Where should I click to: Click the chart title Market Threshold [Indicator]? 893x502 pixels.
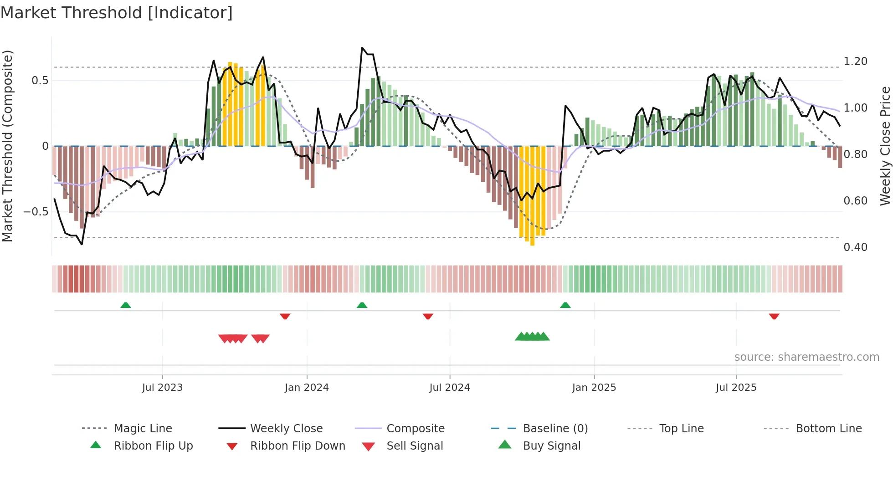tap(117, 13)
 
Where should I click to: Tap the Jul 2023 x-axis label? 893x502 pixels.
tap(162, 388)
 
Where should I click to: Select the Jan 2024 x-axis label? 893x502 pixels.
tap(307, 388)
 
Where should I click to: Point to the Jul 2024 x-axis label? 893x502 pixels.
tap(450, 388)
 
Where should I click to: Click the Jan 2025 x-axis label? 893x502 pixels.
tap(594, 388)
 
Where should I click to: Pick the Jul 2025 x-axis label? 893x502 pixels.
tap(736, 388)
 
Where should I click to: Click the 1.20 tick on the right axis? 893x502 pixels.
tap(855, 61)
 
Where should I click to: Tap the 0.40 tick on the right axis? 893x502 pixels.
tap(855, 247)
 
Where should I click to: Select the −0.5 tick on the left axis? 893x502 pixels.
tap(36, 212)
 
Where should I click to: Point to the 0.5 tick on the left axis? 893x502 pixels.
tap(40, 81)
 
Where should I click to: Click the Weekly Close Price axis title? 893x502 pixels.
tap(885, 146)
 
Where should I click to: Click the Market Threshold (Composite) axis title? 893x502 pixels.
tap(7, 146)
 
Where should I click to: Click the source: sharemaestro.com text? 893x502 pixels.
tap(806, 357)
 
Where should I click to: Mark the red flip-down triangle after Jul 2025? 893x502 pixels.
tap(774, 316)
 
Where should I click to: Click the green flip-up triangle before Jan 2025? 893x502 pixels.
tap(565, 305)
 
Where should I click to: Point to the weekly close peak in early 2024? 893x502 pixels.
tap(363, 48)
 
